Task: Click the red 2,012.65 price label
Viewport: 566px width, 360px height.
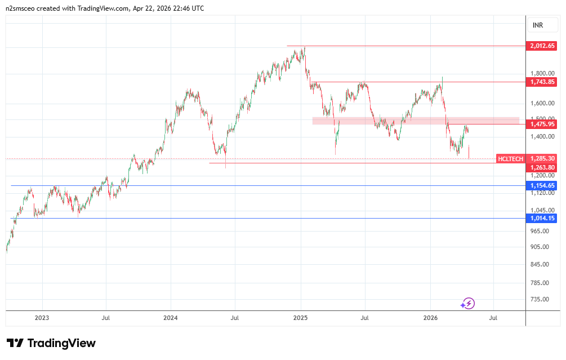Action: tap(542, 46)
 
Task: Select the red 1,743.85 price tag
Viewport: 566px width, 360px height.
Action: tap(542, 82)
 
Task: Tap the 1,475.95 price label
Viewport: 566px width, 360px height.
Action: tap(542, 124)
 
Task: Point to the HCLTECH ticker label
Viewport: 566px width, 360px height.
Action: tap(511, 159)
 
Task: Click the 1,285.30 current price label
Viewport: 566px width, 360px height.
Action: tap(542, 159)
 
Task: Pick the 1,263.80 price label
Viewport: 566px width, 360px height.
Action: tap(542, 167)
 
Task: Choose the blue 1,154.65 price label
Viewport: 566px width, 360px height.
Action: tap(542, 185)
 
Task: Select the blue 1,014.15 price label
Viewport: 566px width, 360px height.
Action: tap(542, 218)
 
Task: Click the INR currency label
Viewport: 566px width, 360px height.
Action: tap(538, 25)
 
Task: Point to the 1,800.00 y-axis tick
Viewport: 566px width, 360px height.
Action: tap(542, 73)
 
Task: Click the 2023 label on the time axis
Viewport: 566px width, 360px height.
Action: tap(42, 318)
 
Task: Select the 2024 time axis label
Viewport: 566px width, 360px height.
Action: tap(170, 318)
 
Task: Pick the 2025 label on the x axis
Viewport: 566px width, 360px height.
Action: tap(300, 318)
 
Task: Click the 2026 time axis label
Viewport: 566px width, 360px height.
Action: tap(430, 318)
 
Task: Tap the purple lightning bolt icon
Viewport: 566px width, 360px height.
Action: tap(468, 304)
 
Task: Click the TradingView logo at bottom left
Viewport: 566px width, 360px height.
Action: tap(51, 343)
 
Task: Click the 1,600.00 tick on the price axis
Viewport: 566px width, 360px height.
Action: tap(542, 103)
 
